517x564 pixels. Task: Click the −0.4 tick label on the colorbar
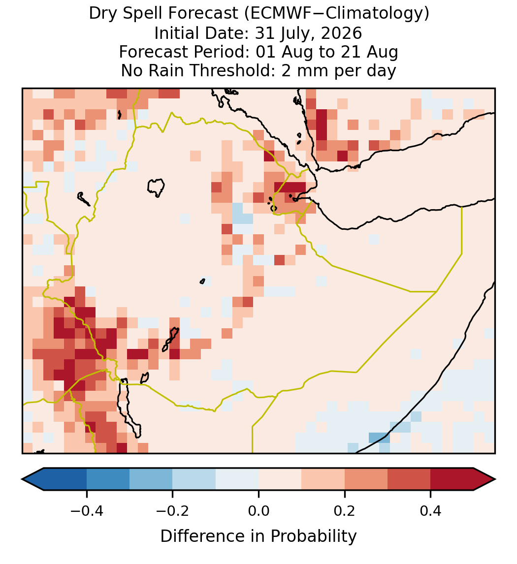coord(87,510)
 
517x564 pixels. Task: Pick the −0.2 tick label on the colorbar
coord(173,510)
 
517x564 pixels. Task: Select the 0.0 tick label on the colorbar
coord(258,510)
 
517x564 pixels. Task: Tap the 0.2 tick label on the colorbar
coord(345,510)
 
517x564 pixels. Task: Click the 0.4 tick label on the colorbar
coord(431,510)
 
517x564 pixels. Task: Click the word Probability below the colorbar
coord(313,536)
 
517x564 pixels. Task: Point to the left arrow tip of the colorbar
coord(22,479)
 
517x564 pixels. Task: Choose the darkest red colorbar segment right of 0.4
coord(452,479)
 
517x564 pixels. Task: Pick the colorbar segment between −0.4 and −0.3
coord(108,479)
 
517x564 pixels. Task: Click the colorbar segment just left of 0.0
coord(237,479)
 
